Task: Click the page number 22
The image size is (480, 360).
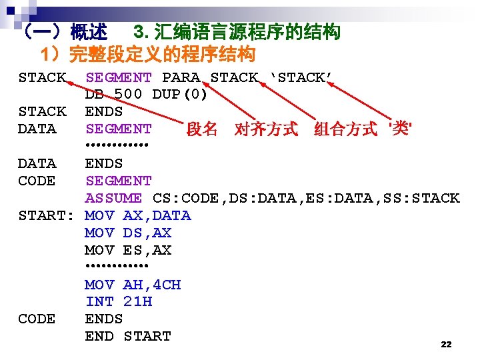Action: click(x=447, y=344)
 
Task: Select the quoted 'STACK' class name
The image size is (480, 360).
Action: click(x=301, y=77)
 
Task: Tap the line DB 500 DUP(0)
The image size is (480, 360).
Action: click(x=146, y=94)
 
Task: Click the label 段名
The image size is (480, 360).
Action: click(x=202, y=129)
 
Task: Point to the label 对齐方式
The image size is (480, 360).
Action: click(x=266, y=129)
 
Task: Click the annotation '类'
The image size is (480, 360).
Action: click(x=399, y=128)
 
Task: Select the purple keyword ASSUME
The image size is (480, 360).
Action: click(x=113, y=198)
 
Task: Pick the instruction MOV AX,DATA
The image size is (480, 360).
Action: click(x=138, y=215)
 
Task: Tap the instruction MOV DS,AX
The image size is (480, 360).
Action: click(x=128, y=233)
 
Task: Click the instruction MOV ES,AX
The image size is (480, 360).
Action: click(x=128, y=250)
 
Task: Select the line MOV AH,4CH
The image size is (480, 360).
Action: click(x=133, y=285)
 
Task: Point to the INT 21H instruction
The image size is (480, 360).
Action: click(x=119, y=301)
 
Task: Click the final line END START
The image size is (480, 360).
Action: click(x=128, y=336)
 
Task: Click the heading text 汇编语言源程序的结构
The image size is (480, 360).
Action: click(x=247, y=31)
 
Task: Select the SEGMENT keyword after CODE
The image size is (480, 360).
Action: click(x=119, y=181)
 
